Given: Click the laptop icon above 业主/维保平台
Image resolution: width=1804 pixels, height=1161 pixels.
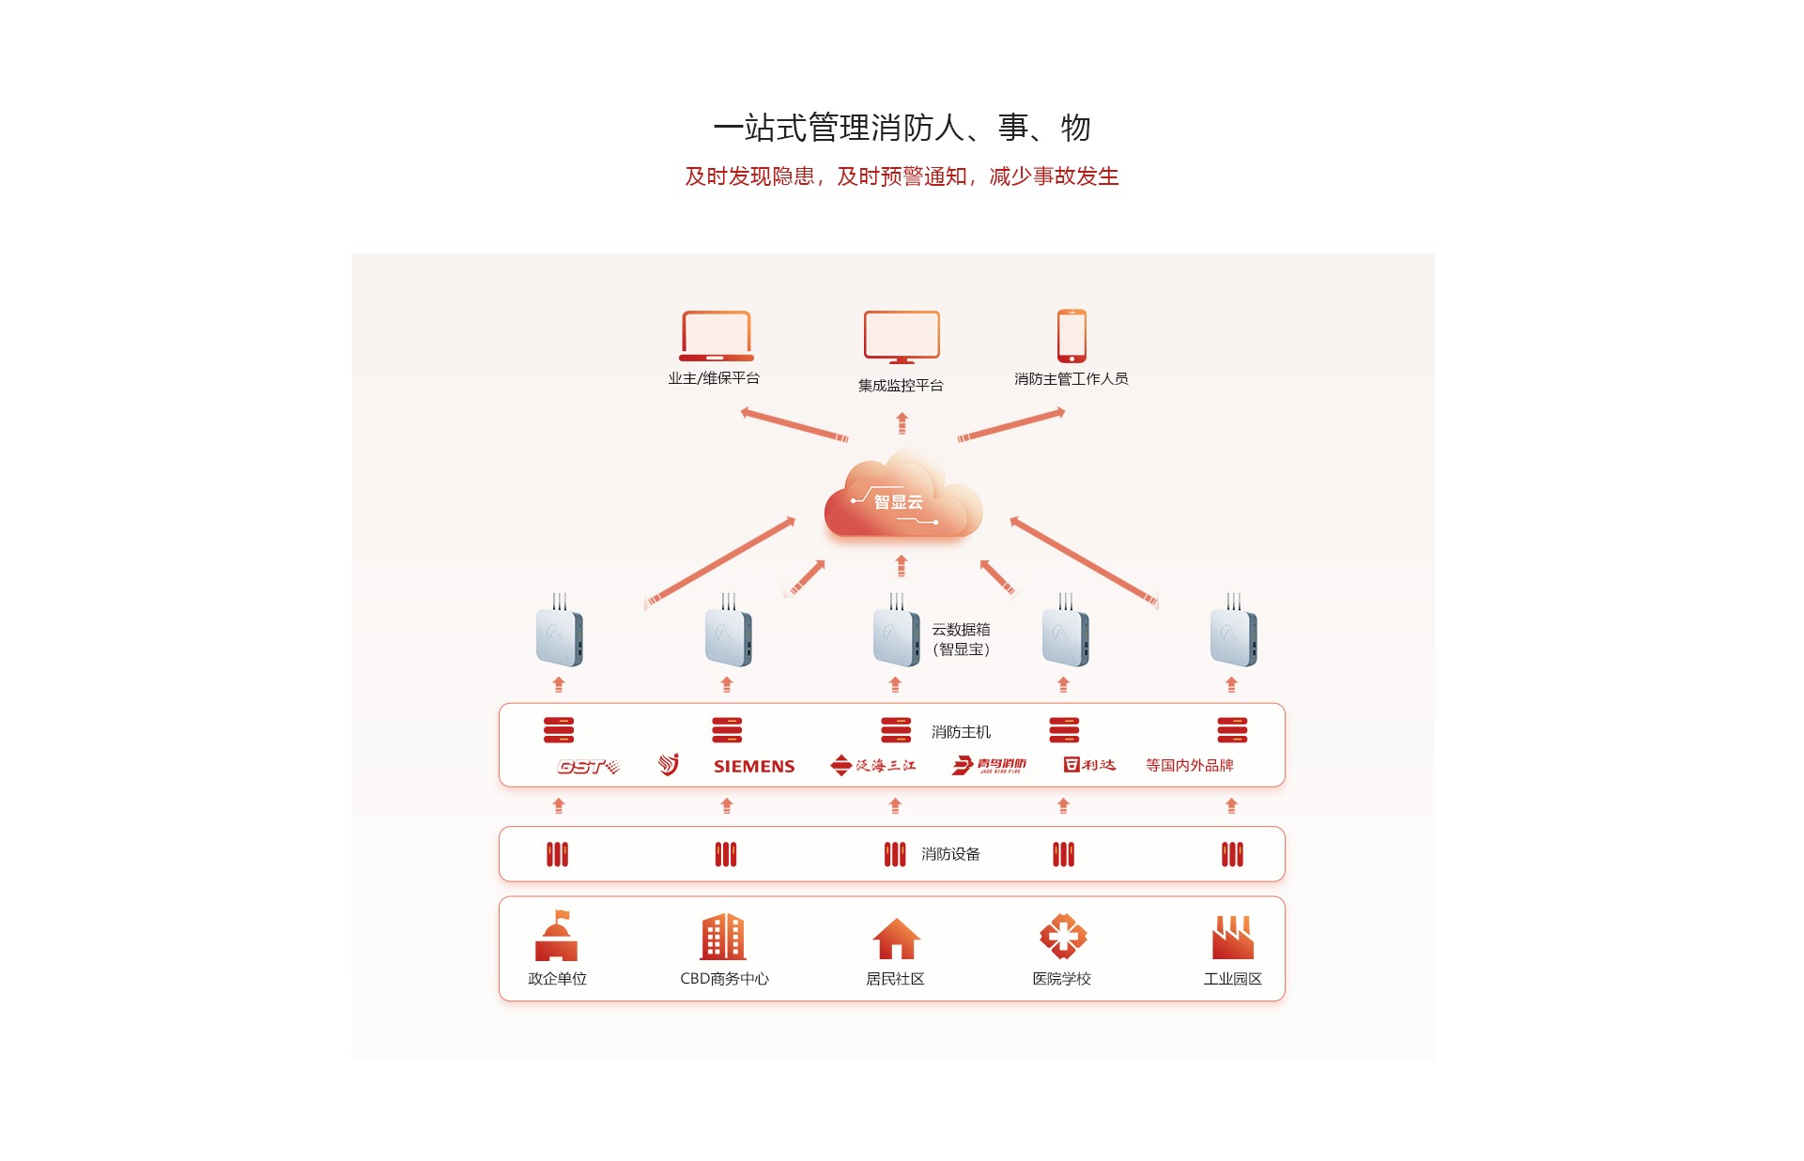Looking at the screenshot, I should [716, 336].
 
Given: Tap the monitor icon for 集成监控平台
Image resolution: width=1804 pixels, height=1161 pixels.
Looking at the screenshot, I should [902, 337].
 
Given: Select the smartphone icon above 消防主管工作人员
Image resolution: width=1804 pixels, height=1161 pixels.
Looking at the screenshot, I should [1072, 335].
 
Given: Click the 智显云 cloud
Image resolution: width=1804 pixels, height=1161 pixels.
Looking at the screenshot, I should [902, 498].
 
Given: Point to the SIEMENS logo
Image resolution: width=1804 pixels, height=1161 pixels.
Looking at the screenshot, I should [754, 766].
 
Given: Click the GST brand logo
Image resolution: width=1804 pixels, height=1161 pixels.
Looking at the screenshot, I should [588, 767].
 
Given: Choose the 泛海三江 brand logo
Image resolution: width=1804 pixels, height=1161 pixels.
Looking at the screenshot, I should [873, 766].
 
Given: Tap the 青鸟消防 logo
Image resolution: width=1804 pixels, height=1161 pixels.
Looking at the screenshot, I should [989, 766].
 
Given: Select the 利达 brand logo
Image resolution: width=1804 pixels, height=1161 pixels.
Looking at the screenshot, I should [1089, 765].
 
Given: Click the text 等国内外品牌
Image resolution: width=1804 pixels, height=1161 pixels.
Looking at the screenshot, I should [1189, 765].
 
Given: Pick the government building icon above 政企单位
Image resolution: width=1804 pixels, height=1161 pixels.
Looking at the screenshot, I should [556, 936].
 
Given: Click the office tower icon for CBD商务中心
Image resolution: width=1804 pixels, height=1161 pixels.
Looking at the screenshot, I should [723, 937].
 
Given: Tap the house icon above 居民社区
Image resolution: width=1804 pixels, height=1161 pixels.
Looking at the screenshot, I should [896, 938].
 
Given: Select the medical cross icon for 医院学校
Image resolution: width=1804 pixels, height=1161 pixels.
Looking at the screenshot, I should [1063, 936].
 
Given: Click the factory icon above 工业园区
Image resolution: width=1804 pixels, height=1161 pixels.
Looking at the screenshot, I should [1232, 937].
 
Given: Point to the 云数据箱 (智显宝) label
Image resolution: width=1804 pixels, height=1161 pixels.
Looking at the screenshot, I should [961, 639].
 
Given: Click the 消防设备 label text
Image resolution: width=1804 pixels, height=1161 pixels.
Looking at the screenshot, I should [950, 854].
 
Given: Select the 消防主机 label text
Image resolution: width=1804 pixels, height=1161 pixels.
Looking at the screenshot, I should [961, 732].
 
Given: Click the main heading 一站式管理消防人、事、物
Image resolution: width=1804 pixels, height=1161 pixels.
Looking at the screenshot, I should [902, 128].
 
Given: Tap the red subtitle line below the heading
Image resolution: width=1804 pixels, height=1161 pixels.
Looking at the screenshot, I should [902, 176].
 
